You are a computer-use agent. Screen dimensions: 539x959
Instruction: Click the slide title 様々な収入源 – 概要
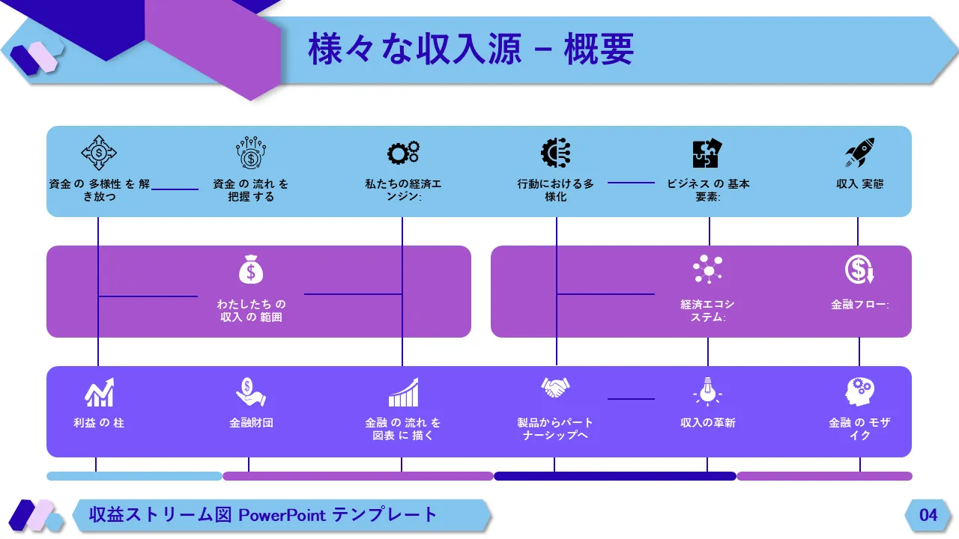[x=471, y=49]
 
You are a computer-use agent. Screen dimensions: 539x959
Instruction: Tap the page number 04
[x=928, y=515]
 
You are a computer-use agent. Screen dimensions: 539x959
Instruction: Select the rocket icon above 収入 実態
[x=860, y=153]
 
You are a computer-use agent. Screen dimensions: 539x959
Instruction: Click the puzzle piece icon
[x=706, y=153]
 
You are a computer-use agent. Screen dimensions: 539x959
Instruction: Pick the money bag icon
[x=251, y=270]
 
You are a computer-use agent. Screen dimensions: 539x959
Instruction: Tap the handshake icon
[x=555, y=388]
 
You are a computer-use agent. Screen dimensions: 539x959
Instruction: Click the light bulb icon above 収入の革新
[x=707, y=391]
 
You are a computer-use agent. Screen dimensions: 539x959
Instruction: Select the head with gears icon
[x=860, y=391]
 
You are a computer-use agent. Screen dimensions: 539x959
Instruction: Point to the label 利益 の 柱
[x=99, y=423]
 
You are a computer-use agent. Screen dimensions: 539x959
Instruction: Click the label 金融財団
[x=251, y=423]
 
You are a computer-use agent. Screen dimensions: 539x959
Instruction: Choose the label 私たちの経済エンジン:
[x=403, y=190]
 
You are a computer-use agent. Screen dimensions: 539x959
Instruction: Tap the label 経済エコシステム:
[x=707, y=311]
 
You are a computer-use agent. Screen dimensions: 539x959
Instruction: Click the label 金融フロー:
[x=860, y=305]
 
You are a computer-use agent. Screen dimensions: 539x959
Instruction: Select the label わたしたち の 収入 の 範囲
[x=251, y=311]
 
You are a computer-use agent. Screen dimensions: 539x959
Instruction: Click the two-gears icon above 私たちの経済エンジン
[x=403, y=153]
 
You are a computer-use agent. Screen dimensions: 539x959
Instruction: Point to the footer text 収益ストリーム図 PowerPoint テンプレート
[x=263, y=515]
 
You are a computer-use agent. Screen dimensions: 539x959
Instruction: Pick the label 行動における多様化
[x=555, y=190]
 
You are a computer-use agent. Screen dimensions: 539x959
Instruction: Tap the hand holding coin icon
[x=251, y=391]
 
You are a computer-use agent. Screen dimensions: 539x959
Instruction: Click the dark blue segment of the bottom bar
[x=614, y=476]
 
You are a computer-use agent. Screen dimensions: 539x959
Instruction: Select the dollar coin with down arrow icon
[x=860, y=270]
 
